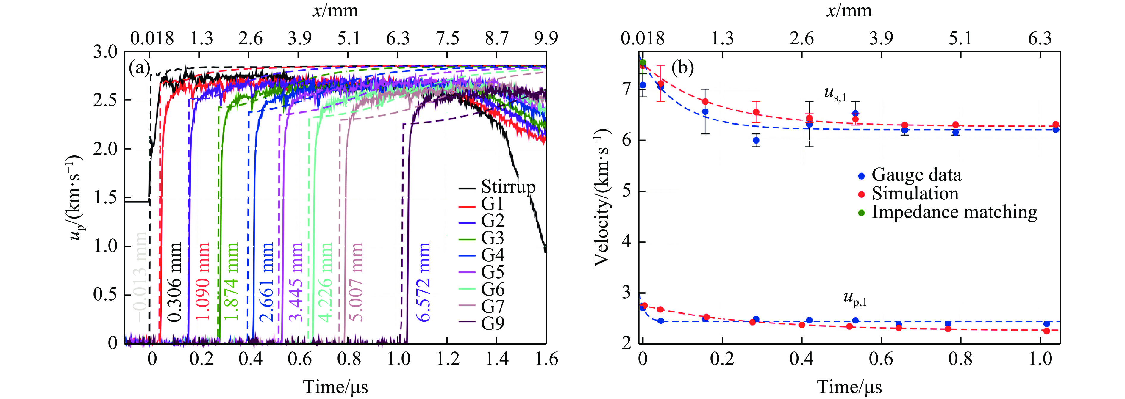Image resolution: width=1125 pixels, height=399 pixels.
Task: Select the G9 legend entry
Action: [x=492, y=323]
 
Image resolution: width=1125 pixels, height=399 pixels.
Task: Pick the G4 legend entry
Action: [x=492, y=255]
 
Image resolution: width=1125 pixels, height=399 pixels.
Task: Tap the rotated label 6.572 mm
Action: [x=423, y=282]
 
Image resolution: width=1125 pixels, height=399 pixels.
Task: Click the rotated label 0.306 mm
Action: [x=174, y=282]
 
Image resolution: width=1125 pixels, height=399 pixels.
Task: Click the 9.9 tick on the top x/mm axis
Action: [x=546, y=38]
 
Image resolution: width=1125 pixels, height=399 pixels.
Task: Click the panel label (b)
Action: [x=683, y=68]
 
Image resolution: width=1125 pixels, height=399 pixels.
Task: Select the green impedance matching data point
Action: [x=643, y=63]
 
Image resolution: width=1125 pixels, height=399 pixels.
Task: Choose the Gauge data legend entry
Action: [x=916, y=175]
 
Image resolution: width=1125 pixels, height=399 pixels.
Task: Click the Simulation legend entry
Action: [x=915, y=194]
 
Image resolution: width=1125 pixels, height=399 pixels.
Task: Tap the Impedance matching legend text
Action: [x=954, y=212]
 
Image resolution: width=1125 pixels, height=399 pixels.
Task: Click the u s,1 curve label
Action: [x=835, y=94]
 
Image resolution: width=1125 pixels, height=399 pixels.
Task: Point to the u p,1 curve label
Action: [x=855, y=299]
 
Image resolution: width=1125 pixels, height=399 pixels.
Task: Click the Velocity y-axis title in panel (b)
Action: [x=602, y=197]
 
